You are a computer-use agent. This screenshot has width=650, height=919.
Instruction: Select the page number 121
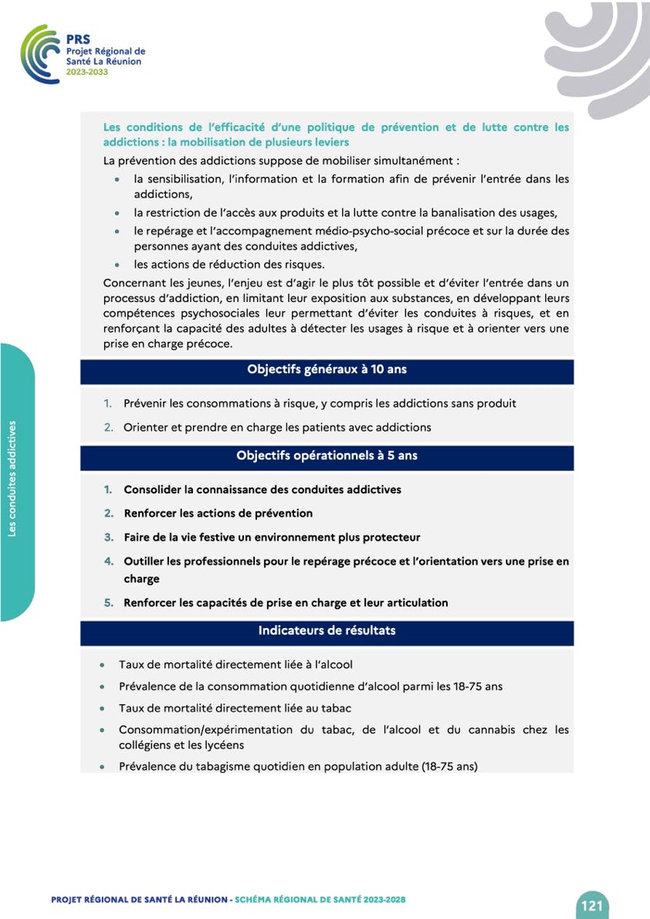click(x=592, y=905)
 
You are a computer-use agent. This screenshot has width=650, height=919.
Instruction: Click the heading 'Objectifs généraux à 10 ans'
click(x=327, y=369)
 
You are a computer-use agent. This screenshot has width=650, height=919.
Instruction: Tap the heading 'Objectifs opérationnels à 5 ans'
click(x=327, y=456)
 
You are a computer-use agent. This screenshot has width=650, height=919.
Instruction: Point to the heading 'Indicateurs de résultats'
click(x=327, y=631)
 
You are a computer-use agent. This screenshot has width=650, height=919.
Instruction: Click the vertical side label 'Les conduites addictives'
click(x=13, y=479)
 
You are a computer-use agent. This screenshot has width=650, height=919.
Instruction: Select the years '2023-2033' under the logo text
click(x=86, y=72)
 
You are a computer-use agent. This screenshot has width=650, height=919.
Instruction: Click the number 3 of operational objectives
click(x=109, y=537)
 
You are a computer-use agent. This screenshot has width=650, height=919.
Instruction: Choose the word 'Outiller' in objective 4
click(x=147, y=561)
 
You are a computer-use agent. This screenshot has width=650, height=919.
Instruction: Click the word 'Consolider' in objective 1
click(x=154, y=490)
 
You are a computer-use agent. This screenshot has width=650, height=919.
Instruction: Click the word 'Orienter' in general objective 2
click(x=147, y=427)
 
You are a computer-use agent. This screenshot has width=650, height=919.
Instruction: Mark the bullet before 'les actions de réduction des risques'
click(x=116, y=265)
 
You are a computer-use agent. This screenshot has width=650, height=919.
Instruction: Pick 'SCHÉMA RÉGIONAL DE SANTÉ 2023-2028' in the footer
click(x=320, y=900)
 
